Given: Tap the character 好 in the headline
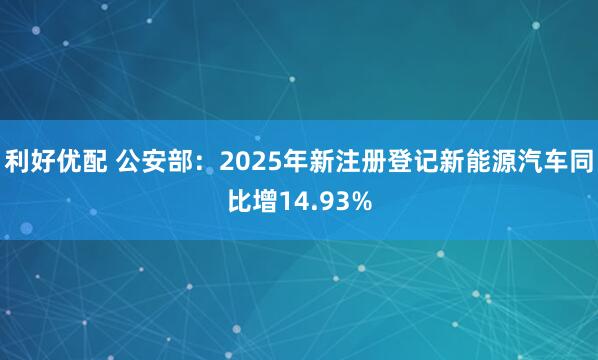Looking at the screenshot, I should pos(42,159).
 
